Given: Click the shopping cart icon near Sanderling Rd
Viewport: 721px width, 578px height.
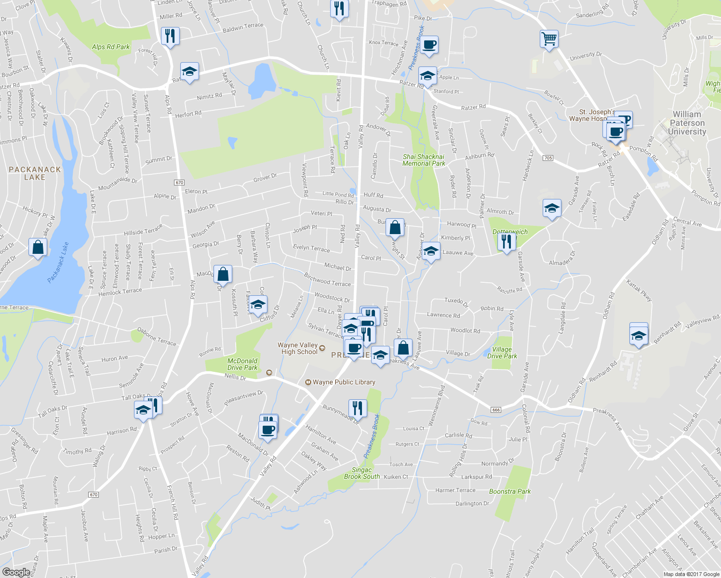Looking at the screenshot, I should (x=549, y=39).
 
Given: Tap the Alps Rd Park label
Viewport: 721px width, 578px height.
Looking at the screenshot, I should (x=111, y=47).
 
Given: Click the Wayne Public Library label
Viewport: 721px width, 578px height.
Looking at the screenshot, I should (x=344, y=382).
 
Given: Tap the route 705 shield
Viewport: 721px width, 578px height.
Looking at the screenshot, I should (x=547, y=158).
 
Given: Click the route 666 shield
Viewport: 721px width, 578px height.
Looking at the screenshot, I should (x=496, y=409).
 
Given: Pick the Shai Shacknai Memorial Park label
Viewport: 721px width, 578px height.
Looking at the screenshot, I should (x=424, y=160).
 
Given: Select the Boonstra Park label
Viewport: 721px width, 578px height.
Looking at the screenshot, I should (x=510, y=491).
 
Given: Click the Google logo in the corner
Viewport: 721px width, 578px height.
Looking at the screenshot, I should (x=16, y=572).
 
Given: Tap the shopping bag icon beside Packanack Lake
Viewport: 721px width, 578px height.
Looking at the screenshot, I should (x=38, y=247).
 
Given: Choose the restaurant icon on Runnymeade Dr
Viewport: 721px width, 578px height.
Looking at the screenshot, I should (x=357, y=408).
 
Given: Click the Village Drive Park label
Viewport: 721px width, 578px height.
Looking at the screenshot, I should (x=502, y=353).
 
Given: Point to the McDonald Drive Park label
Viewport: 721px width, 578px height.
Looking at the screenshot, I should (x=242, y=364).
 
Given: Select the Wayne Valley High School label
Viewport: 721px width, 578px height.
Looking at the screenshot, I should (x=298, y=348).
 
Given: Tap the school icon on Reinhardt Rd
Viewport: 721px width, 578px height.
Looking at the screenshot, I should (x=639, y=335).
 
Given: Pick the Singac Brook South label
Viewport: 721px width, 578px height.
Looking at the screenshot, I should (x=362, y=473).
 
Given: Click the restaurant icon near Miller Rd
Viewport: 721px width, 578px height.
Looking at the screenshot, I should (x=170, y=36).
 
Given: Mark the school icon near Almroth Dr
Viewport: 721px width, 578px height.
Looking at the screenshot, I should (x=552, y=208).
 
